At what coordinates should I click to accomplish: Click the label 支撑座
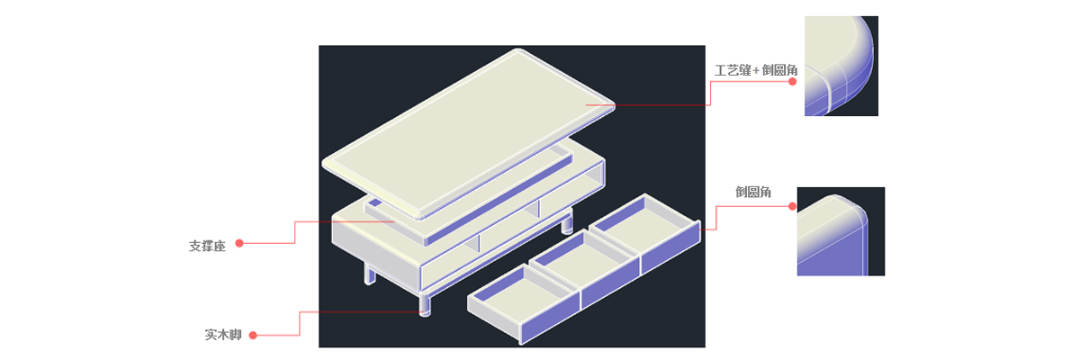coord(207,246)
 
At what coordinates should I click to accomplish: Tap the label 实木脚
coord(223,335)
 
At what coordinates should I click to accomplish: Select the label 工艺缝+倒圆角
coord(755,70)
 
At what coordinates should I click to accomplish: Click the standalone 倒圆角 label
coord(753,192)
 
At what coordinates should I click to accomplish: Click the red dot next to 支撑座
coord(239,243)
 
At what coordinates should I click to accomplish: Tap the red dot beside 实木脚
coord(253,336)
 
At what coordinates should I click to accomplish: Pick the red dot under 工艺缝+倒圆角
coord(792,81)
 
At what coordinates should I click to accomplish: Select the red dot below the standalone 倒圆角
coord(792,206)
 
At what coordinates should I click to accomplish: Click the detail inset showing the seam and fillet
coord(841,66)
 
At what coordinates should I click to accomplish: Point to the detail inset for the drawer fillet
coord(841,231)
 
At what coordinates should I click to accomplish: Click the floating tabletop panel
coord(468,134)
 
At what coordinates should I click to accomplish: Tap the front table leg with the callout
coord(424,304)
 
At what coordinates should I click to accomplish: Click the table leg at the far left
coord(369,274)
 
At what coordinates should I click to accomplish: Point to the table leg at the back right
coord(567,222)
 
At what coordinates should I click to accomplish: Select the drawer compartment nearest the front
coord(524,302)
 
